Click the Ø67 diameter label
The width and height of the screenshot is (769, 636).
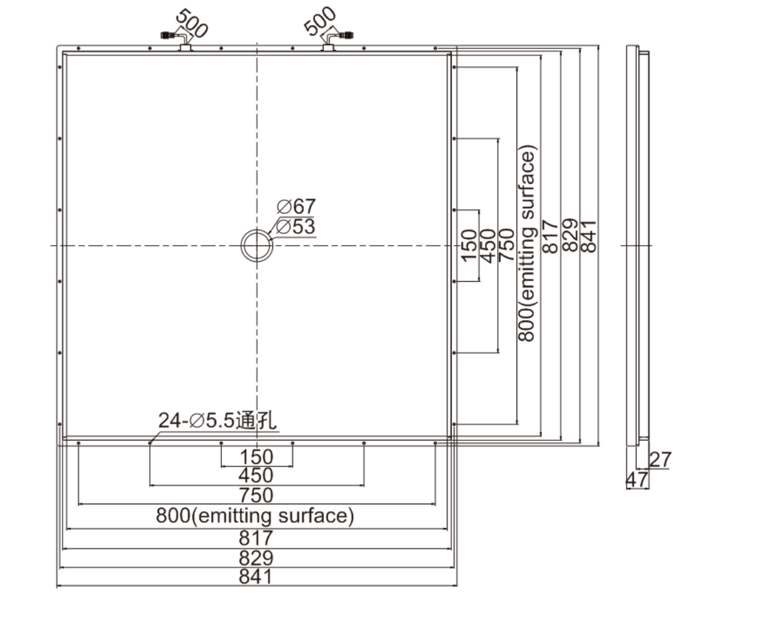tap(296, 206)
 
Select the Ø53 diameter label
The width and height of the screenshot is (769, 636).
tap(295, 226)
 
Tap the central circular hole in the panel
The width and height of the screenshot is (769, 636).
tap(256, 246)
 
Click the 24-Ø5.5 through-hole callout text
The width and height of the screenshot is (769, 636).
tap(217, 421)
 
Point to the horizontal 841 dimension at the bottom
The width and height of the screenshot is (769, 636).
tap(256, 577)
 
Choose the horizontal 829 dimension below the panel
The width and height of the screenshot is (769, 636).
tap(256, 558)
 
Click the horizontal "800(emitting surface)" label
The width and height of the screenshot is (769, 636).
tap(255, 516)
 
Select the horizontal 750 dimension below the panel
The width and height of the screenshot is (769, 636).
tap(256, 495)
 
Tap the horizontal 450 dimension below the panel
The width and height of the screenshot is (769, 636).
tap(256, 476)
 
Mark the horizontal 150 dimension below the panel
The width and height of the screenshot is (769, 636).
tap(256, 457)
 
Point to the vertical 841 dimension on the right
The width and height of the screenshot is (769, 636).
tap(588, 236)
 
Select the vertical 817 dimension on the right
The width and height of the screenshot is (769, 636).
tap(549, 236)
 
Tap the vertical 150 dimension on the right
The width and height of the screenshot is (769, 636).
tap(469, 246)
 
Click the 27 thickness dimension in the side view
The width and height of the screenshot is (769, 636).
tap(660, 460)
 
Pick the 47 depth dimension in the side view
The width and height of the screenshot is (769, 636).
tap(637, 480)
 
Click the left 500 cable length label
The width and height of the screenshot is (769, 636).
tap(192, 23)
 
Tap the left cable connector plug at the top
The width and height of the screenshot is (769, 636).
tap(167, 35)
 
